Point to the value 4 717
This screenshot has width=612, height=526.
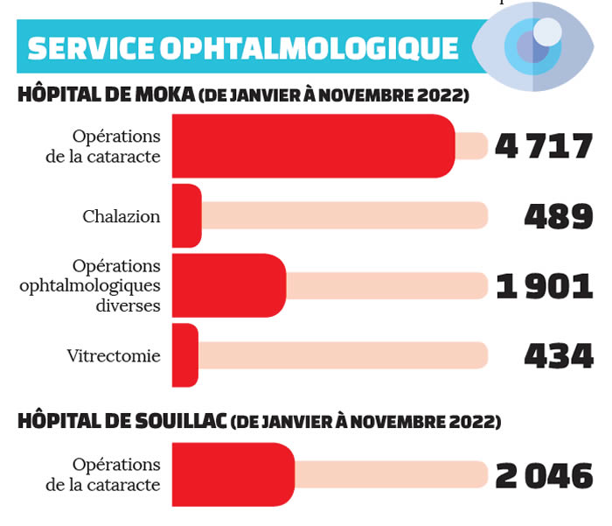[x=544, y=145]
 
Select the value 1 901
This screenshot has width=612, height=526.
[x=544, y=285]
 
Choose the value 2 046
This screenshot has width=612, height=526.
[x=544, y=475]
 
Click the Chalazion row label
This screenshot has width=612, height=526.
[x=122, y=216]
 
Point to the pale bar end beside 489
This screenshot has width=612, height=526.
[x=476, y=215]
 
